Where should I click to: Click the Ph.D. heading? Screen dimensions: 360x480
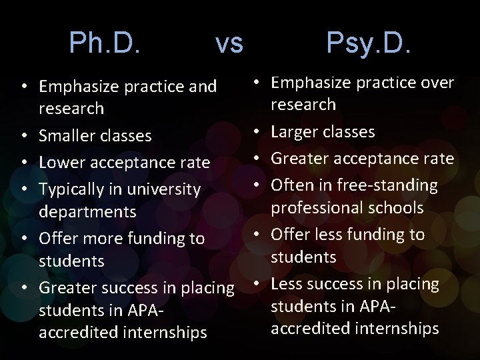[x=105, y=44]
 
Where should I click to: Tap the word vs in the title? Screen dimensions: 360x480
[x=229, y=44]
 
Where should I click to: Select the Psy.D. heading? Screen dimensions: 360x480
[x=369, y=44]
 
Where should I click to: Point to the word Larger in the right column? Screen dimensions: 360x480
[x=295, y=132]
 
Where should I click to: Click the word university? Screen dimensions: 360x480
[x=163, y=190]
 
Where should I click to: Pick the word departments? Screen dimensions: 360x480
[x=87, y=212]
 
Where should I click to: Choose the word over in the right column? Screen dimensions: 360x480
[x=437, y=83]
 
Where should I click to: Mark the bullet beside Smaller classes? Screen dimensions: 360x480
[x=23, y=135]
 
